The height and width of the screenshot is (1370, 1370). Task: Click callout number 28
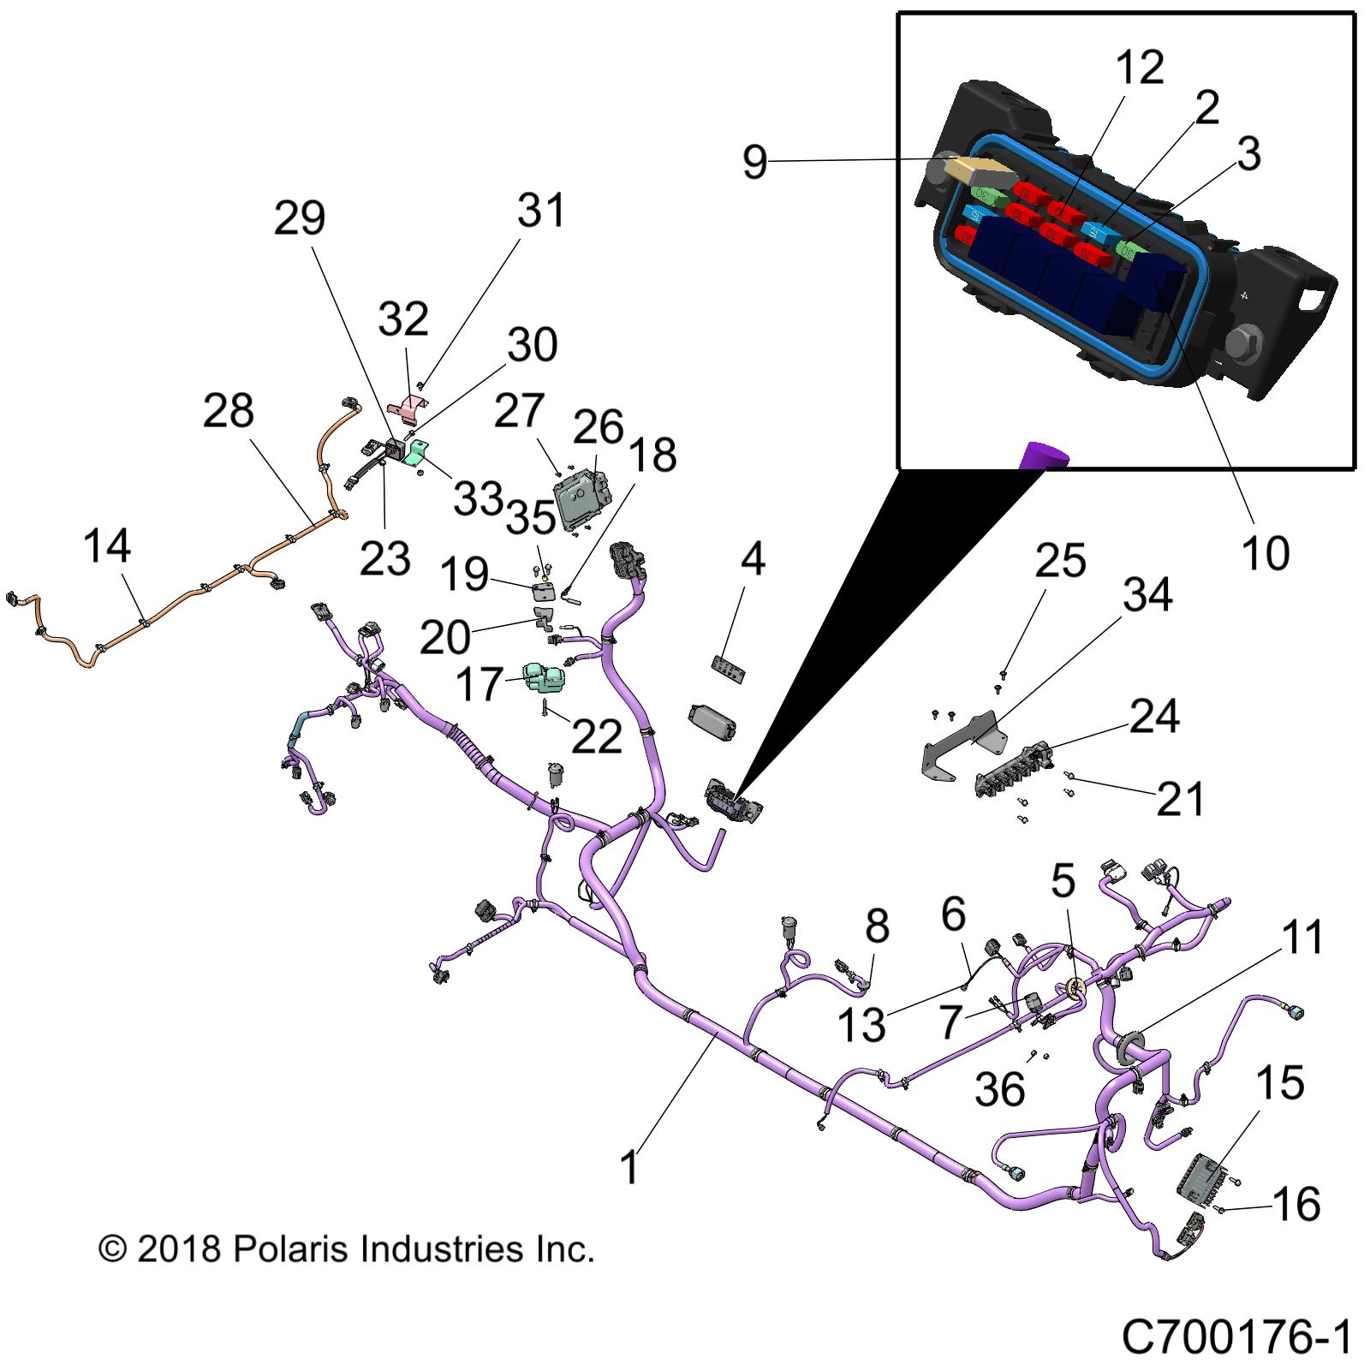pos(229,411)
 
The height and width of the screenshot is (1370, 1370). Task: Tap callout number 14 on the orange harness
pos(107,546)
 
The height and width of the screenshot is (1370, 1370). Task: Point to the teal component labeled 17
pos(545,678)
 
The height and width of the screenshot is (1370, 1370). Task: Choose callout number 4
pos(752,559)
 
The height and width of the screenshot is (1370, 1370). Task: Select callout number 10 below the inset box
pos(1264,553)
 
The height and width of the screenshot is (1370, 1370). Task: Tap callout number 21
pos(1181,799)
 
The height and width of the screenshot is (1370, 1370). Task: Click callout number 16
pos(1297,1205)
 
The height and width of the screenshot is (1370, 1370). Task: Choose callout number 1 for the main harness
pos(629,1167)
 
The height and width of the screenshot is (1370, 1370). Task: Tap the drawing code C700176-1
pos(1236,1337)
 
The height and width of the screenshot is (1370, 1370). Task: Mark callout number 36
pos(999,1090)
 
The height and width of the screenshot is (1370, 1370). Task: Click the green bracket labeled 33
pos(420,453)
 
